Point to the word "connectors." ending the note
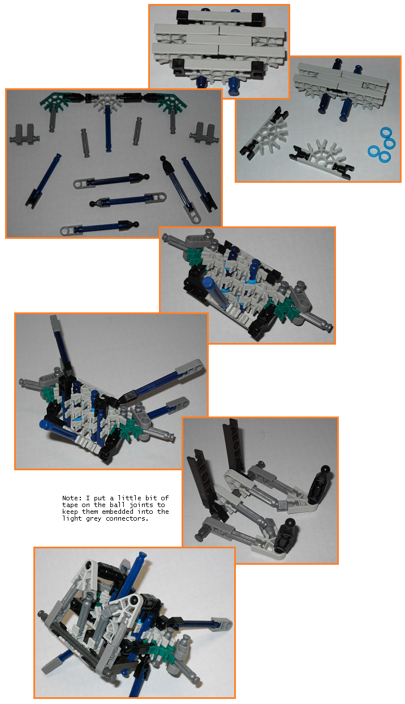127,519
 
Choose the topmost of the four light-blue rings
386,132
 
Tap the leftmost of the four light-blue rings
374,151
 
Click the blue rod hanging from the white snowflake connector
109,129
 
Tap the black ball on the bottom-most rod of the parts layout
136,225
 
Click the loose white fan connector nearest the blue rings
321,158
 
